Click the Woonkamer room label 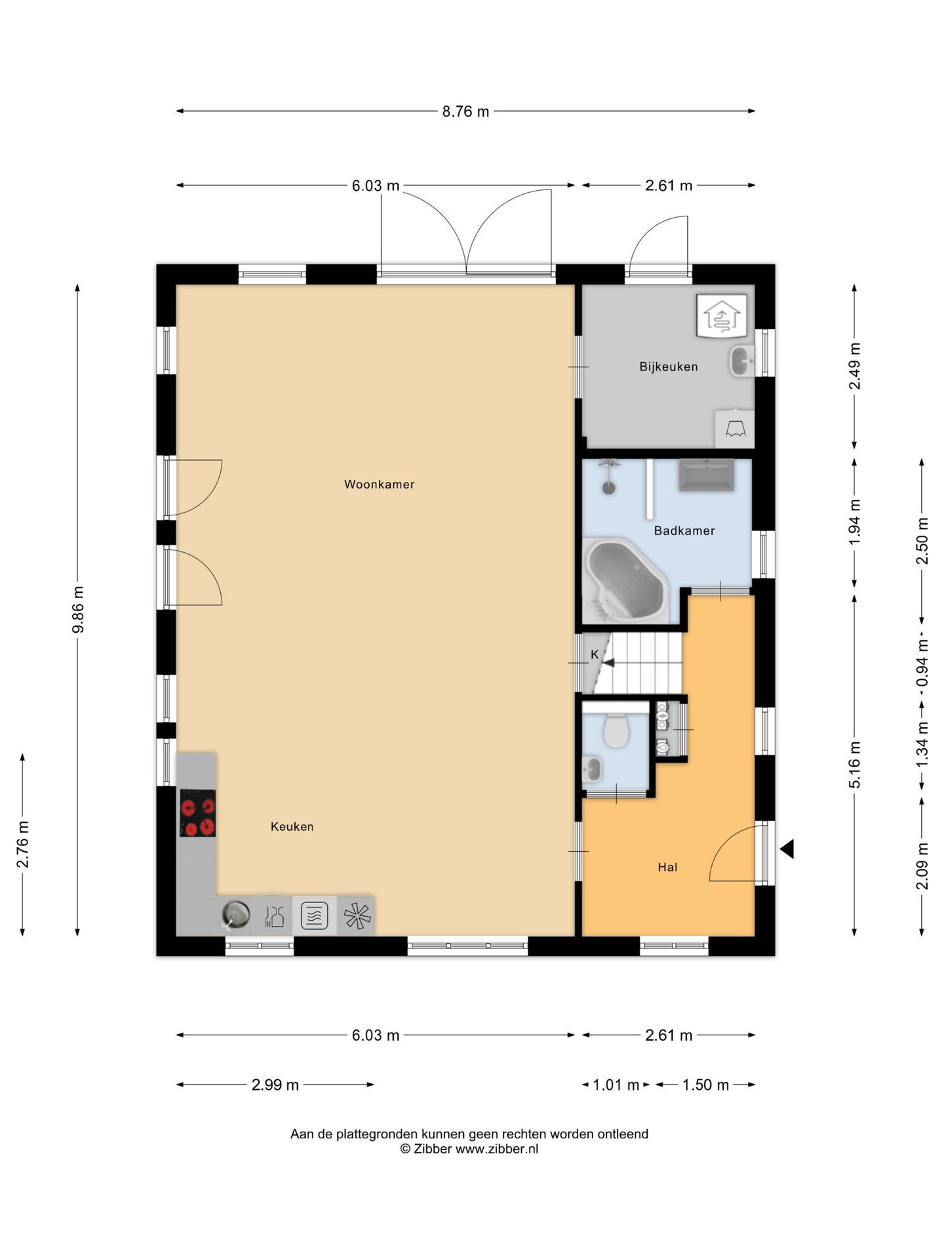tap(379, 485)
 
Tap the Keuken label tap(292, 827)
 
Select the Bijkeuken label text tap(668, 367)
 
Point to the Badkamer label tap(684, 530)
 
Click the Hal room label tap(667, 867)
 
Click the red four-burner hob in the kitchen tap(197, 812)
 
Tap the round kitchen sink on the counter tap(235, 913)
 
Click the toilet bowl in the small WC tap(616, 730)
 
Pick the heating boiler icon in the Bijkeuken tap(721, 315)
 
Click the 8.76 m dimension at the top tap(465, 111)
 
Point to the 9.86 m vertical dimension tap(78, 610)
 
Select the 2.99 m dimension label tap(275, 1085)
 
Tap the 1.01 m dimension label tap(616, 1085)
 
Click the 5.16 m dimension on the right tap(854, 765)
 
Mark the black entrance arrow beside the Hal tap(787, 849)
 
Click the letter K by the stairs tap(595, 654)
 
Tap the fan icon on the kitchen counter tap(357, 915)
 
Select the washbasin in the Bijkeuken tap(741, 361)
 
